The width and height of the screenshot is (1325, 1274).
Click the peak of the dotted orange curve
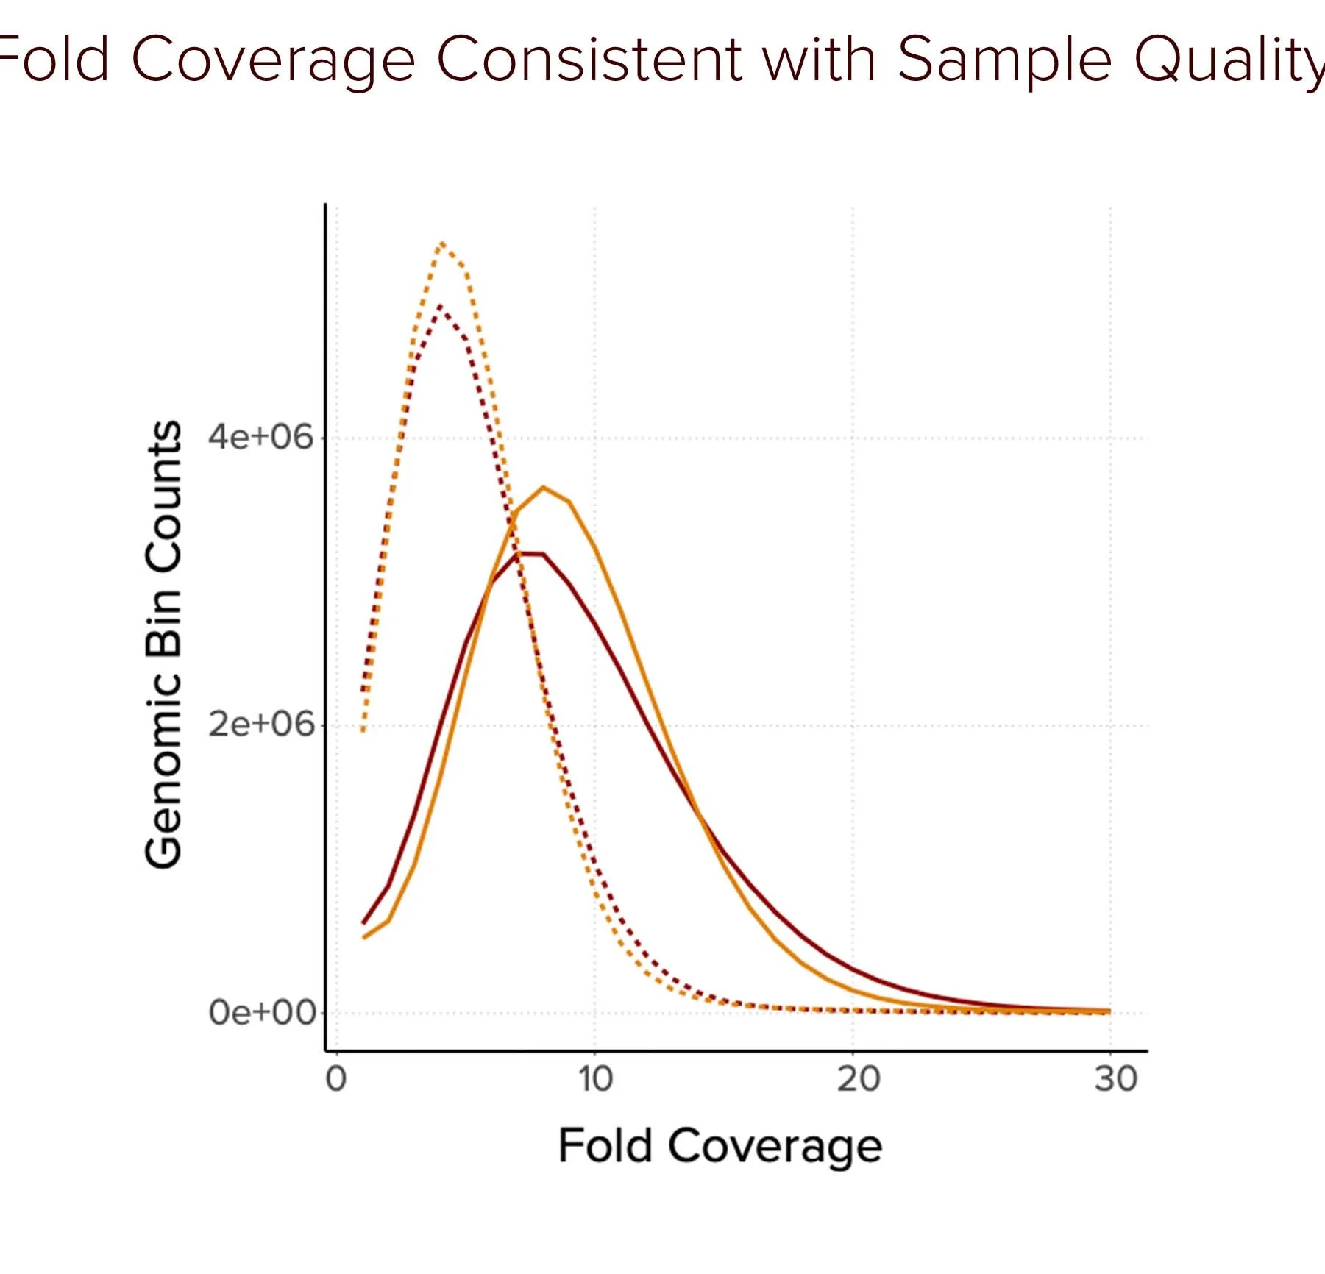pyautogui.click(x=441, y=243)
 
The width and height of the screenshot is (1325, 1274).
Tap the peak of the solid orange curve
pyautogui.click(x=544, y=487)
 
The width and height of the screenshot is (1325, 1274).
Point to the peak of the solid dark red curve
pyautogui.click(x=530, y=553)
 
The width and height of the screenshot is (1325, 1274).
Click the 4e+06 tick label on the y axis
pyautogui.click(x=260, y=437)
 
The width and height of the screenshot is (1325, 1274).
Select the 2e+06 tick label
pyautogui.click(x=260, y=725)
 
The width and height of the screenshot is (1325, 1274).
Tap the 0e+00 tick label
pyautogui.click(x=262, y=1012)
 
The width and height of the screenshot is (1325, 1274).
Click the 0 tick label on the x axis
pyautogui.click(x=336, y=1079)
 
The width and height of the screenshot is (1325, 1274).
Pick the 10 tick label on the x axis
pyautogui.click(x=594, y=1079)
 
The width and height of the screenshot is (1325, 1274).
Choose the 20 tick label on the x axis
pyautogui.click(x=858, y=1079)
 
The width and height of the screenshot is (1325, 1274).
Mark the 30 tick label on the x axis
pyautogui.click(x=1115, y=1079)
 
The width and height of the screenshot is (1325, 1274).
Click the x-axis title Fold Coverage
pyautogui.click(x=720, y=1146)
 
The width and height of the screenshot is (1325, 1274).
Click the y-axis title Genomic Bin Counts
pyautogui.click(x=163, y=644)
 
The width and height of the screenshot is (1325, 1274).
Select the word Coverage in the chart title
pyautogui.click(x=273, y=60)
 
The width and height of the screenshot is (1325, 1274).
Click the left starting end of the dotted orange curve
pyautogui.click(x=363, y=730)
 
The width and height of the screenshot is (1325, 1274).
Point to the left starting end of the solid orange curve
pyautogui.click(x=363, y=937)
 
